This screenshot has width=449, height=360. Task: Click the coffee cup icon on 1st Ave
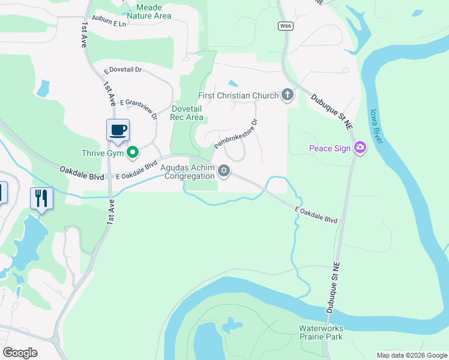coord(118,130)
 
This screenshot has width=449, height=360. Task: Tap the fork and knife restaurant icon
coord(41,198)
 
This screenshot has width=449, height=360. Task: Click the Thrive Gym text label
coord(103,154)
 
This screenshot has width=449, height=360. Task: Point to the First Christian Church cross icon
coord(288,95)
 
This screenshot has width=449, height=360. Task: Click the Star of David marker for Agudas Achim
coord(224,171)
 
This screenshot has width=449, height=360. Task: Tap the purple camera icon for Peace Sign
coord(360,148)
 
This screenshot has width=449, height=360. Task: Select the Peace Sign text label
coord(328,148)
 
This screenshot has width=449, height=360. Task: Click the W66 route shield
coord(285,26)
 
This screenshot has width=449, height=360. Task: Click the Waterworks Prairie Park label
coord(321,332)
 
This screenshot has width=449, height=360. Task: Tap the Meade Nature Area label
coord(148,11)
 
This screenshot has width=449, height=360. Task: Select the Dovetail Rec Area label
coord(187,112)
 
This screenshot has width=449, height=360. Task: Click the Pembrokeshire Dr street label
coord(235,134)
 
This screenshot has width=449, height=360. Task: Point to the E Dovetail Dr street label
coord(122,70)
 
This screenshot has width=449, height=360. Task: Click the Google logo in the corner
coord(20,353)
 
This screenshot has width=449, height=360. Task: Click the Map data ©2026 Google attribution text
coord(412,355)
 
